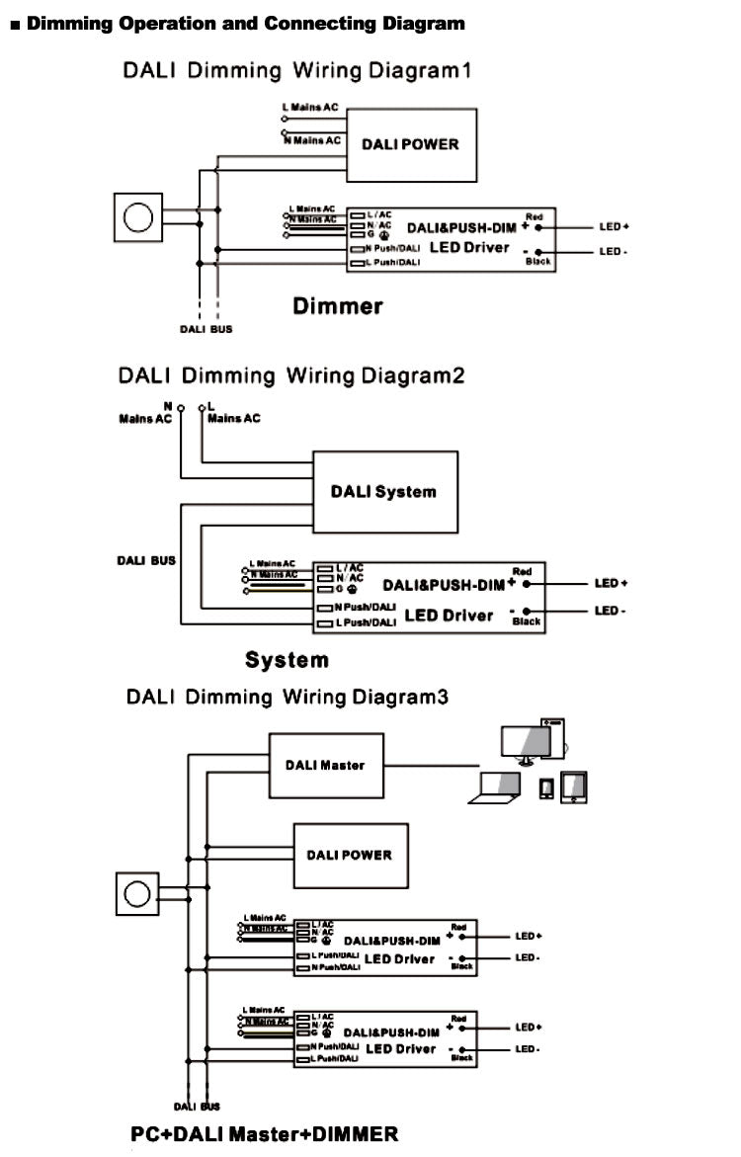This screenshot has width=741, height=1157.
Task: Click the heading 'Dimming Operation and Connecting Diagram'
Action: tap(244, 24)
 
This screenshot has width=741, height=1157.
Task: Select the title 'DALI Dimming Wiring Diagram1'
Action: tap(296, 71)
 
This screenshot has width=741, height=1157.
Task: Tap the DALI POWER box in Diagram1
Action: tap(409, 143)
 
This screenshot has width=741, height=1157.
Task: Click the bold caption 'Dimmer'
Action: tap(337, 306)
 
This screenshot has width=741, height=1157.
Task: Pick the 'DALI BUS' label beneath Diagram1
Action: tap(206, 329)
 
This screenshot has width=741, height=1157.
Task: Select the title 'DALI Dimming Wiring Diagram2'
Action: tap(290, 376)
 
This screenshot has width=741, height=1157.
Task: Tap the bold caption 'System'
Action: tap(287, 660)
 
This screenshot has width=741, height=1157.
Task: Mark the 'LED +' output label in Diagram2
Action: tap(611, 584)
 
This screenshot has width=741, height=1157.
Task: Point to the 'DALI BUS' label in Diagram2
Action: tap(146, 560)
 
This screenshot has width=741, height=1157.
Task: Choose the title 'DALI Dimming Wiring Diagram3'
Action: tap(287, 698)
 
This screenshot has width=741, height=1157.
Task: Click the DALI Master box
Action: tap(325, 764)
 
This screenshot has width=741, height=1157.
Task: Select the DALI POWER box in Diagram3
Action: tap(349, 855)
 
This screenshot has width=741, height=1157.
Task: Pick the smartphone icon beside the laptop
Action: tap(546, 786)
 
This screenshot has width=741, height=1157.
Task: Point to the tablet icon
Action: tap(573, 785)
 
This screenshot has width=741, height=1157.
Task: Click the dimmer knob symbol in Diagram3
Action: tap(137, 893)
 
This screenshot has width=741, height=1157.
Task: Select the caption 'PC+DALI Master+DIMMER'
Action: tap(265, 1134)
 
